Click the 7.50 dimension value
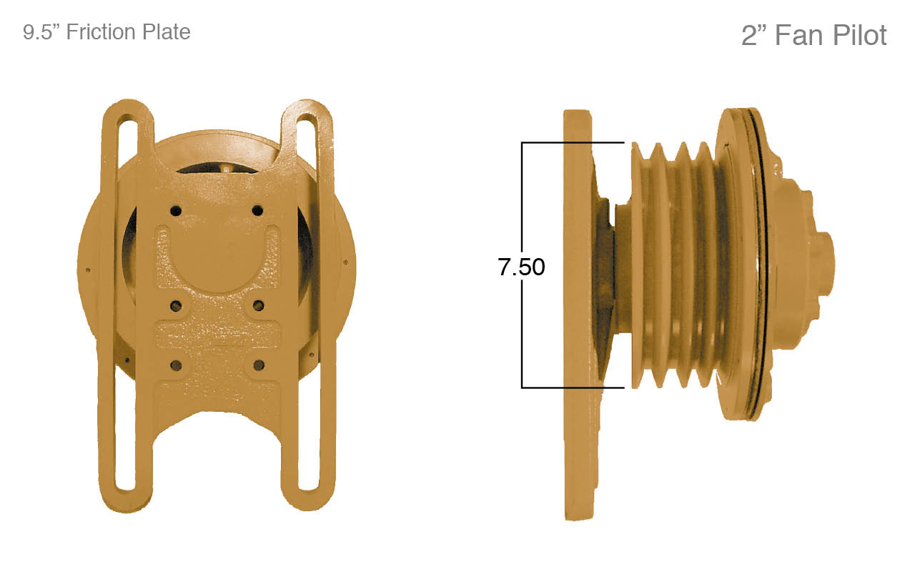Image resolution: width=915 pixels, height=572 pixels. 521,267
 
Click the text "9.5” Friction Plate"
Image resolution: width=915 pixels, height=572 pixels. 107,32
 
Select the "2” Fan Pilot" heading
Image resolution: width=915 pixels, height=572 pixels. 813,35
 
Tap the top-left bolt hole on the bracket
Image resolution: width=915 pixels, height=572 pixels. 175,211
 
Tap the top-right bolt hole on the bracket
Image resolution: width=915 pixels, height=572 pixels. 257,210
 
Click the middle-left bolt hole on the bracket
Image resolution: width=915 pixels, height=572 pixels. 176,306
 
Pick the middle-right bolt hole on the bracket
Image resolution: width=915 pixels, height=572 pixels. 258,306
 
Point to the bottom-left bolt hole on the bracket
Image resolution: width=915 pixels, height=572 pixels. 176,365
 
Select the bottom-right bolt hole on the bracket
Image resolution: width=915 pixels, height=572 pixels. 258,365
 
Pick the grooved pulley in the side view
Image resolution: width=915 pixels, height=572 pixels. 676,265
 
